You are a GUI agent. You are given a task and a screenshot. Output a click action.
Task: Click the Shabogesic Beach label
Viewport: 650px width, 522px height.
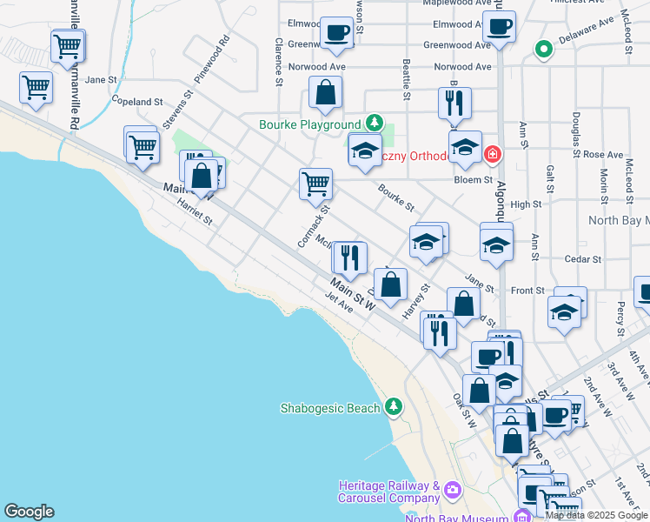(330, 408)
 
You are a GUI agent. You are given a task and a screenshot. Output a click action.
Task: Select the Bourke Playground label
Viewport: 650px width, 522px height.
(309, 124)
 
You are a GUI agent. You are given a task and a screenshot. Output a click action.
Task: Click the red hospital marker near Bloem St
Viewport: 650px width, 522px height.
(493, 154)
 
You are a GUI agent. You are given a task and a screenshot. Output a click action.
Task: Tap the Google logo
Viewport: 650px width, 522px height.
(29, 512)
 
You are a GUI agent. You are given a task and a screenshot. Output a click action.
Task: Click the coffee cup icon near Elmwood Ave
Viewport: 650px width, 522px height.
(335, 34)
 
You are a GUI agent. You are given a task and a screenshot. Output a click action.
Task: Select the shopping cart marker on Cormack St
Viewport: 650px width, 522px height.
(315, 184)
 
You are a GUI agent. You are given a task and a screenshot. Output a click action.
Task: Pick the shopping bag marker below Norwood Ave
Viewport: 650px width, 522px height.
(325, 92)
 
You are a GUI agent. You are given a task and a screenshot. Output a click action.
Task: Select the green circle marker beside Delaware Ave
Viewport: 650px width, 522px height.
(544, 49)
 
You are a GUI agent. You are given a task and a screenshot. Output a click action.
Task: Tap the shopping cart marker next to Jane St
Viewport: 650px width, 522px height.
(36, 86)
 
